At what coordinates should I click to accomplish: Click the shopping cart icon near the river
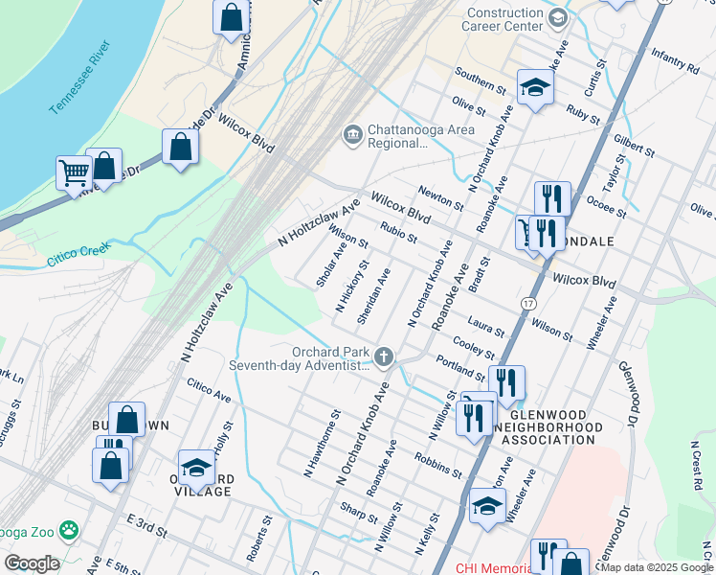[74, 173]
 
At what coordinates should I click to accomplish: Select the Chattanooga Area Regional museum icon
[352, 133]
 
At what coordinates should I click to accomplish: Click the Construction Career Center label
[503, 20]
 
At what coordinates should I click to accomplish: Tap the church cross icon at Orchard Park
[384, 357]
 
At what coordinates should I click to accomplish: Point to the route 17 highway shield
[527, 302]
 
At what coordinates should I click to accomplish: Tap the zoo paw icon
[69, 529]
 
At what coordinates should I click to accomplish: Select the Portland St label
[460, 366]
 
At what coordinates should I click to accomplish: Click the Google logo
[32, 563]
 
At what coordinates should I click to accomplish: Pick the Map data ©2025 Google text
[656, 567]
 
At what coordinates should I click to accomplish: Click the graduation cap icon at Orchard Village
[195, 467]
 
